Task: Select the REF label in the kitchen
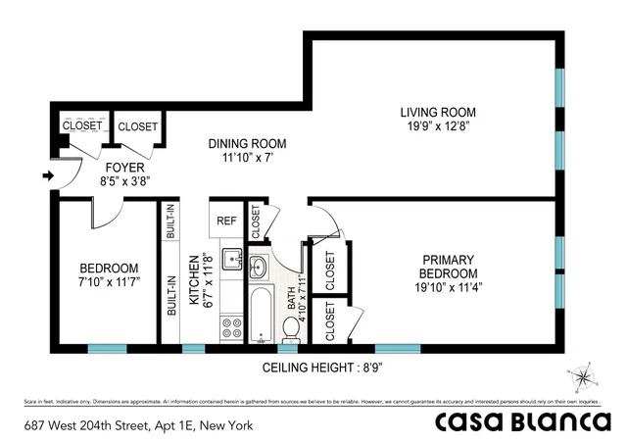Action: click(227, 221)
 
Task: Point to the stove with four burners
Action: click(231, 327)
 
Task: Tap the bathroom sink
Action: click(259, 267)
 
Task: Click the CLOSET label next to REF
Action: click(255, 221)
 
